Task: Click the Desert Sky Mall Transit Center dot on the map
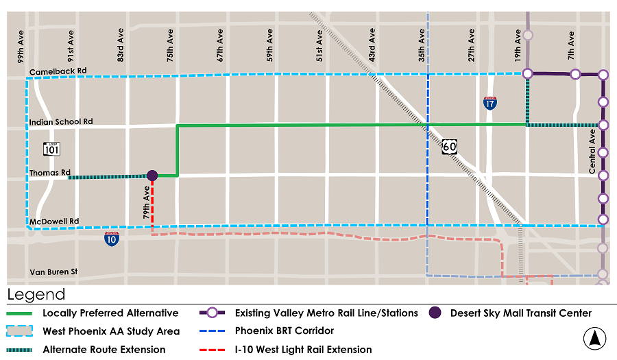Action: [x=152, y=176]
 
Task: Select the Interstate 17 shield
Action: [x=489, y=103]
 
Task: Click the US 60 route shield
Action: [x=449, y=146]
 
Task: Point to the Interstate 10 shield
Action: [x=112, y=238]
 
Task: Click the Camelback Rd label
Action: [x=58, y=71]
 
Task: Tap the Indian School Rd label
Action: [x=61, y=122]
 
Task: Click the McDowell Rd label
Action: [x=54, y=221]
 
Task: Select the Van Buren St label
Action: [x=53, y=272]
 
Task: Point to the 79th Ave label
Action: [x=145, y=200]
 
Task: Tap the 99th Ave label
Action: [x=21, y=46]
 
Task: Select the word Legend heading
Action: [x=36, y=295]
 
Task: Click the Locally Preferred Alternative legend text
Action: [x=110, y=313]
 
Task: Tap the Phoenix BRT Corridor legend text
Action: [x=285, y=331]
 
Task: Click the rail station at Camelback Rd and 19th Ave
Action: [x=527, y=73]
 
